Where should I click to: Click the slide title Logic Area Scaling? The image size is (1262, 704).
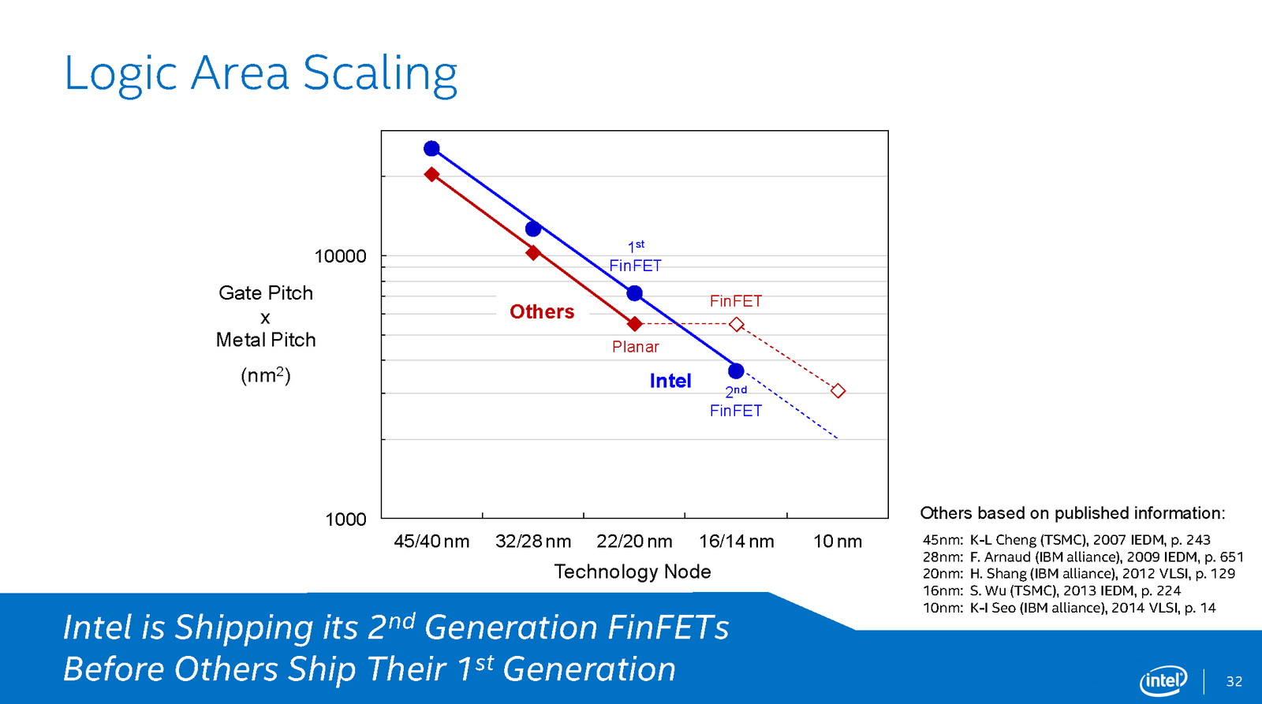[x=260, y=75]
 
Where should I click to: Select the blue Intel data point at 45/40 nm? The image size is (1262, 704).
[x=431, y=149]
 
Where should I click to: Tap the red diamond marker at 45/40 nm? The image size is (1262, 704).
[x=431, y=174]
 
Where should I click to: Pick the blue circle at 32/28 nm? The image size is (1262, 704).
[x=533, y=229]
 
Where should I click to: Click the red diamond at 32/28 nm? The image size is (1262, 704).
[x=533, y=253]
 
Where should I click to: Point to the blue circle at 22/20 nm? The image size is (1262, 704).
[x=635, y=292]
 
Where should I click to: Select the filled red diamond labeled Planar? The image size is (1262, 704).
[x=635, y=324]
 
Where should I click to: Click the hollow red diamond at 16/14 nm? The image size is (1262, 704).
[x=737, y=324]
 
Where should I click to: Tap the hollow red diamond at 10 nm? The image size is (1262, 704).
[x=838, y=391]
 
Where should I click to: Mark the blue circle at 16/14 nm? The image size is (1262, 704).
[x=737, y=371]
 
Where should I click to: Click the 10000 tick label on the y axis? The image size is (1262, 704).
[x=340, y=256]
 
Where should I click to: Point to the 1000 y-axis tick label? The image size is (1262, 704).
[x=346, y=520]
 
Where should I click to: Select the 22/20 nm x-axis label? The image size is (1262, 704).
[x=634, y=542]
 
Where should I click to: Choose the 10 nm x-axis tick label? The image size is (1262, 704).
[x=837, y=542]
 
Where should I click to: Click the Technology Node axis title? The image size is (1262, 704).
[x=633, y=572]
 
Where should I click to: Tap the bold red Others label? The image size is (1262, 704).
[x=542, y=311]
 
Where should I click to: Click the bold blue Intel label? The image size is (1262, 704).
[x=670, y=381]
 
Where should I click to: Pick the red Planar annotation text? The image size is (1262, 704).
[x=636, y=346]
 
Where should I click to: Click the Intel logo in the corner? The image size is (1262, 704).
[x=1163, y=680]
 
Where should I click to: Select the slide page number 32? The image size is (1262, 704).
[x=1234, y=681]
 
